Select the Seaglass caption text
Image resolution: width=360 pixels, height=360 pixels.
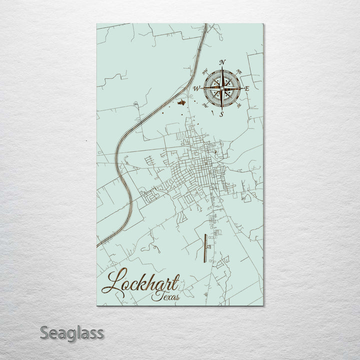(72, 332)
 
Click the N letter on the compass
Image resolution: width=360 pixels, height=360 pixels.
(222, 62)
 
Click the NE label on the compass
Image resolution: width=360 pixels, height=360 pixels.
(238, 70)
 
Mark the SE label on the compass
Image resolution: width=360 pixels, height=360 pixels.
(239, 105)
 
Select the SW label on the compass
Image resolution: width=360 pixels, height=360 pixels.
(205, 106)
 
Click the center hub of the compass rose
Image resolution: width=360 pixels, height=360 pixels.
(222, 88)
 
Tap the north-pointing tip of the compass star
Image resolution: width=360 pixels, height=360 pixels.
(222, 67)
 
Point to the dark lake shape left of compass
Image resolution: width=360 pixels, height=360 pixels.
(181, 102)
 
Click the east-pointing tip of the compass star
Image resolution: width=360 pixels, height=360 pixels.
(242, 88)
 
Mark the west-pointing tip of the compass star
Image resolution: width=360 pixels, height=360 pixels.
(202, 88)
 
